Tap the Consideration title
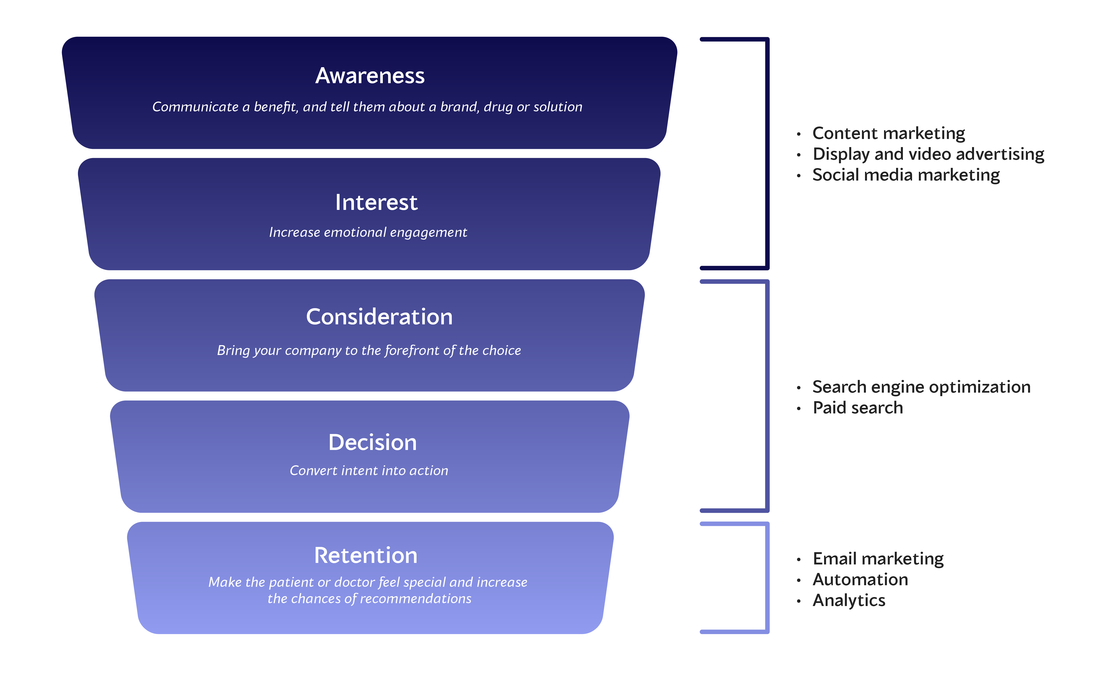(379, 317)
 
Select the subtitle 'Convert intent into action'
(369, 471)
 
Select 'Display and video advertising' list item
(928, 154)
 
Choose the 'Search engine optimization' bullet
(921, 387)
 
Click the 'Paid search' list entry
(857, 408)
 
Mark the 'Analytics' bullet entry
(849, 600)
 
